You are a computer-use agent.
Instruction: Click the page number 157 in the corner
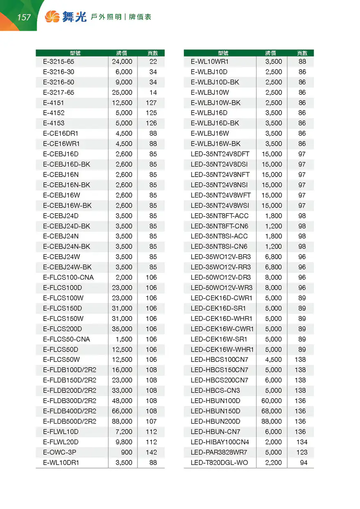point(24,17)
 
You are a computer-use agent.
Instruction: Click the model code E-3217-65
point(59,92)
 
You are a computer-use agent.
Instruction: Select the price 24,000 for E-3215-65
point(122,62)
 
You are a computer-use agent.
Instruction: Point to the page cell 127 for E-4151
point(151,103)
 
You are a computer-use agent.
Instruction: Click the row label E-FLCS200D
point(63,329)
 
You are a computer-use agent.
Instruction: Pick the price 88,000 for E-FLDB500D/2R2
point(122,421)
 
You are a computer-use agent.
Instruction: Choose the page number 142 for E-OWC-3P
point(151,452)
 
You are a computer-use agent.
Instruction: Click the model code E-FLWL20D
point(61,442)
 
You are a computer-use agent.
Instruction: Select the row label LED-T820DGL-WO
point(219,463)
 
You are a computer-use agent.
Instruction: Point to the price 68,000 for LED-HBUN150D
point(272,411)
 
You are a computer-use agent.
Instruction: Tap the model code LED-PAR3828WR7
point(219,452)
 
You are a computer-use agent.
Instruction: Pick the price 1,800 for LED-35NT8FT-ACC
point(274,215)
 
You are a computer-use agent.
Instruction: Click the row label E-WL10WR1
point(210,62)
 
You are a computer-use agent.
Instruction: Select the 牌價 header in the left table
point(122,53)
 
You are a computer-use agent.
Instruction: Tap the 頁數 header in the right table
point(302,53)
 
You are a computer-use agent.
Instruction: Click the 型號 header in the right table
point(223,53)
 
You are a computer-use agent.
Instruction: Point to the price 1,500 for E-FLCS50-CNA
point(124,339)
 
